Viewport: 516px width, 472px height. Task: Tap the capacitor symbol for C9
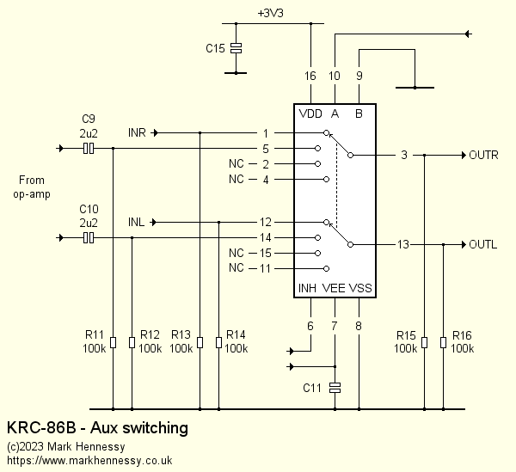[88, 149]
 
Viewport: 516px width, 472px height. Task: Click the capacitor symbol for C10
[88, 237]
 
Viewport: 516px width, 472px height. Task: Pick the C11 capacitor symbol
[335, 388]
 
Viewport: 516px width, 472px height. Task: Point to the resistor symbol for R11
[113, 343]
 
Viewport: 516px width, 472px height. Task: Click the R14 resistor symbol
[218, 343]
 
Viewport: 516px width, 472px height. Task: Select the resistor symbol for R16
[443, 343]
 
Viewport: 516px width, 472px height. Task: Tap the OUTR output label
[483, 156]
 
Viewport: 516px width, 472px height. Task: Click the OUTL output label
[482, 244]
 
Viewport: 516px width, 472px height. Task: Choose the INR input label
[137, 133]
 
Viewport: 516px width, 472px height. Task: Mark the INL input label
[136, 223]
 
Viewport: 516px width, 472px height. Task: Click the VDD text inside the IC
[310, 114]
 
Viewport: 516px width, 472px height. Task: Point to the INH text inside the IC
[308, 288]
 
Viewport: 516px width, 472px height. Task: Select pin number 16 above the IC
[310, 77]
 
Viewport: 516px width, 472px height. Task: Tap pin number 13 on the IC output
[403, 245]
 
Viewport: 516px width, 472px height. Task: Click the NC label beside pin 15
[236, 254]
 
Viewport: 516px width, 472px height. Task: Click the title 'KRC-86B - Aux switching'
[97, 427]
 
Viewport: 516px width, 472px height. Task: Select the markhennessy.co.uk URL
[89, 461]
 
